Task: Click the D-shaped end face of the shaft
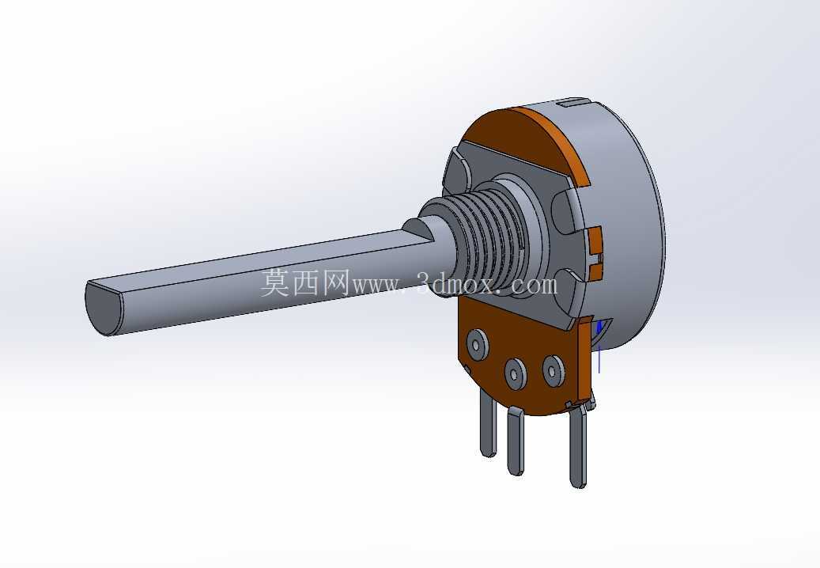tap(103, 309)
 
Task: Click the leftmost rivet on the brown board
tap(477, 344)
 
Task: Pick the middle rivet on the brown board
tap(516, 373)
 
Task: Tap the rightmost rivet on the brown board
tap(554, 370)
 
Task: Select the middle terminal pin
tap(516, 442)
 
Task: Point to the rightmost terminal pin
tap(578, 447)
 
